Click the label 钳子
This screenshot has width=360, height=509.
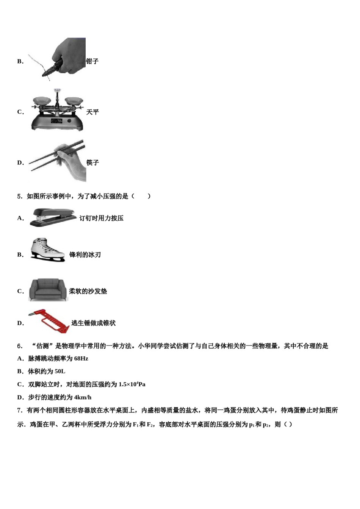click(x=92, y=61)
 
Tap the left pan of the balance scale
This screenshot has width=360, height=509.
click(x=42, y=101)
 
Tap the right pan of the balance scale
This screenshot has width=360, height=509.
click(x=74, y=101)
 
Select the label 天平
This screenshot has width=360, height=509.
click(x=92, y=112)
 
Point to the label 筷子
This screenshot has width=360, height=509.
click(x=92, y=162)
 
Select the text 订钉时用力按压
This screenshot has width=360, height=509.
click(x=101, y=218)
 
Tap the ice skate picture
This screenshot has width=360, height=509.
click(x=46, y=250)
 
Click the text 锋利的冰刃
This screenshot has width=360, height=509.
click(x=85, y=255)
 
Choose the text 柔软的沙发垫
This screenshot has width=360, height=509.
click(x=88, y=291)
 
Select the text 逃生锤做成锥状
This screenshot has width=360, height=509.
click(x=94, y=323)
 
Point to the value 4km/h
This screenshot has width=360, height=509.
click(x=83, y=397)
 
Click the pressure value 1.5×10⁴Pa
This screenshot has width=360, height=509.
click(x=132, y=384)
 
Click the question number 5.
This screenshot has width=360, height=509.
click(x=19, y=196)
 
